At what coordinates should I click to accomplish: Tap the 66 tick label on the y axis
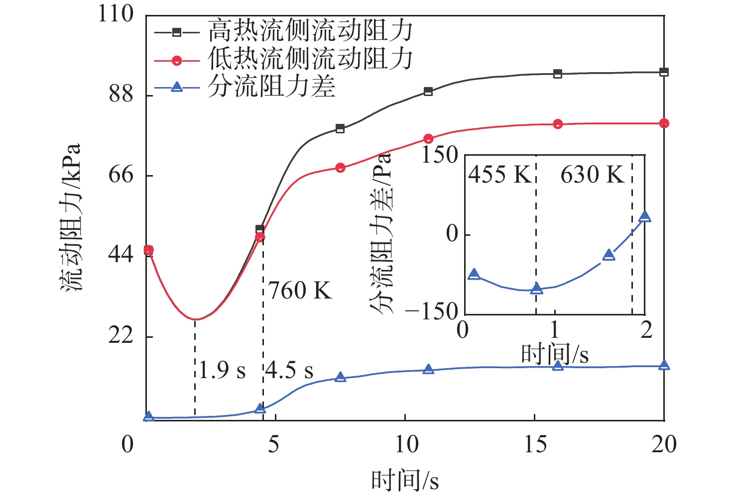122,175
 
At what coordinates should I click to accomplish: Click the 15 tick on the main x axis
535,444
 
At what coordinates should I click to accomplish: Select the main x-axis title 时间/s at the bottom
405,481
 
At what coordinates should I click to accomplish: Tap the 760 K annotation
300,291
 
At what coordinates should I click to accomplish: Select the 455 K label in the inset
500,175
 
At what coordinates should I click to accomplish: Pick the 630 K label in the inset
592,175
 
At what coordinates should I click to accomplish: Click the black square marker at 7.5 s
340,129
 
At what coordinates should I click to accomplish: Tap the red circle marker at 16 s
558,124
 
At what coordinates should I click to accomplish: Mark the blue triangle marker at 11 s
428,370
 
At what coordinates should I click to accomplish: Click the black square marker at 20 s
664,72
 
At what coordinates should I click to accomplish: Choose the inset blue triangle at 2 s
645,216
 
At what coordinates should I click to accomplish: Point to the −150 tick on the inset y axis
431,312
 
